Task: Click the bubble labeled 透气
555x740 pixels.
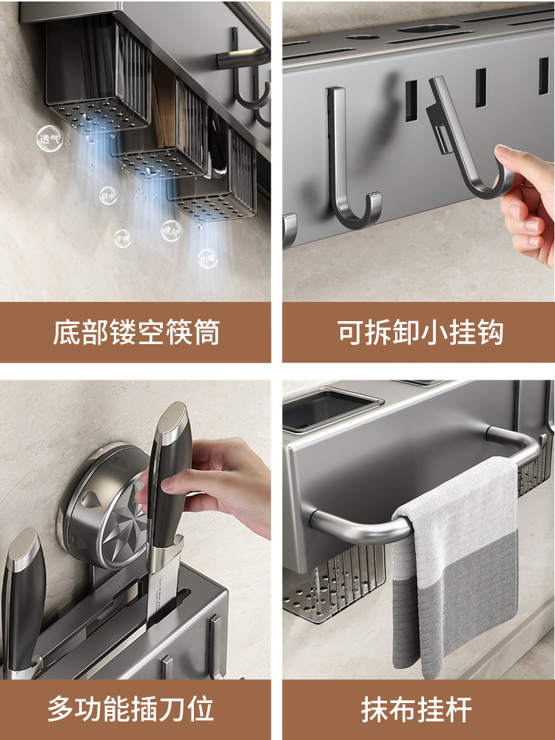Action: click(50, 138)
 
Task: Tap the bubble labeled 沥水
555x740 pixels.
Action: click(108, 195)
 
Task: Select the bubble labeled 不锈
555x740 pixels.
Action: click(123, 238)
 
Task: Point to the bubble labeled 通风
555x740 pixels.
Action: click(171, 229)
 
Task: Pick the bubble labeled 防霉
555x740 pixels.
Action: click(207, 258)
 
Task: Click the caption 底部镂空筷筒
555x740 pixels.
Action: click(136, 332)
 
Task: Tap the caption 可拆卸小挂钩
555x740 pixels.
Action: click(420, 332)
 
